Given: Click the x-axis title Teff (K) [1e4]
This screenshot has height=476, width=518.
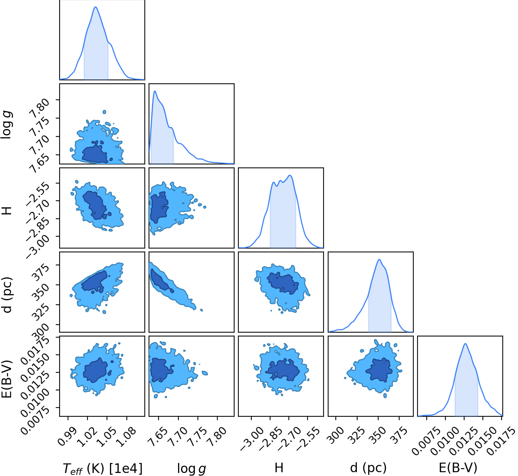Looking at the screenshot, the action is (x=102, y=468).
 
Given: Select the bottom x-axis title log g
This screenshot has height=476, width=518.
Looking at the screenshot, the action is (x=191, y=468).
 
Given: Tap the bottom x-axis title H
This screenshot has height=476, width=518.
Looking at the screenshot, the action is (x=279, y=468).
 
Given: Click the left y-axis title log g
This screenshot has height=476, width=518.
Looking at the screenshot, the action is (x=7, y=125).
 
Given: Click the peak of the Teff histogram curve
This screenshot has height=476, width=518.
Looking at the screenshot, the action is (x=96, y=7).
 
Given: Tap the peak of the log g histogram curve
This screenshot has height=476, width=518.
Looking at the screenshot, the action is (x=155, y=91).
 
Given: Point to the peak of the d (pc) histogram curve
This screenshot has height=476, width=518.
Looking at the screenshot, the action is (x=379, y=259).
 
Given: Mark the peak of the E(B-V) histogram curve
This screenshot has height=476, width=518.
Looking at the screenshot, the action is (x=465, y=343).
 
